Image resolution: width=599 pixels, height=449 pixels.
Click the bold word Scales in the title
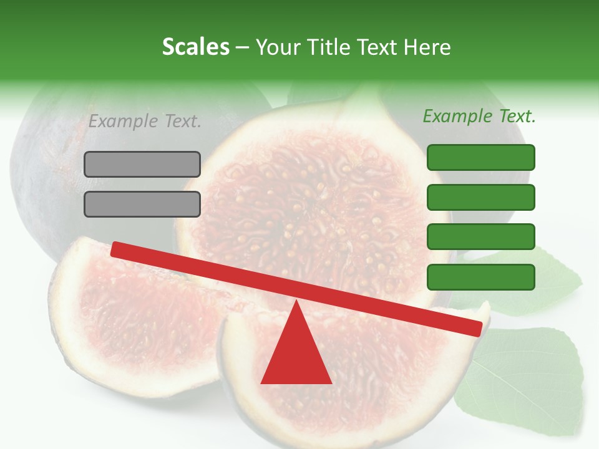pyautogui.click(x=195, y=47)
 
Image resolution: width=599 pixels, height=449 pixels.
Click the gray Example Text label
pyautogui.click(x=145, y=122)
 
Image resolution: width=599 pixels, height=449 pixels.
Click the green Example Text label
pyautogui.click(x=479, y=116)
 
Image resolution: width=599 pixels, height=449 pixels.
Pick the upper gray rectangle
pyautogui.click(x=142, y=164)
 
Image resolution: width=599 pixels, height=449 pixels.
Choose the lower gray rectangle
pyautogui.click(x=142, y=204)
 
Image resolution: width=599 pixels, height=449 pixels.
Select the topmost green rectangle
pyautogui.click(x=481, y=157)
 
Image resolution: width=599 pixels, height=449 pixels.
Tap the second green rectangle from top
pyautogui.click(x=481, y=197)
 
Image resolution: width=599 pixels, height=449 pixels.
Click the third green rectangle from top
pyautogui.click(x=481, y=237)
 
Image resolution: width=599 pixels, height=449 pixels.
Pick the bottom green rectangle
pyautogui.click(x=481, y=277)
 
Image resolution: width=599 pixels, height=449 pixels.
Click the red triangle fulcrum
pyautogui.click(x=296, y=352)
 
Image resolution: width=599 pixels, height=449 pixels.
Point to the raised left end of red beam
pyautogui.click(x=116, y=249)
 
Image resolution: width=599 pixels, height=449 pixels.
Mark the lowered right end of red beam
pyautogui.click(x=477, y=329)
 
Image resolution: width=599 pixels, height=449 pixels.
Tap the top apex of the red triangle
pyautogui.click(x=296, y=302)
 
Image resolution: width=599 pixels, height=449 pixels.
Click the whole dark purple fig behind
pyautogui.click(x=56, y=168)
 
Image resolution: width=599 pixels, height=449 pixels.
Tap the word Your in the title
pyautogui.click(x=278, y=47)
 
